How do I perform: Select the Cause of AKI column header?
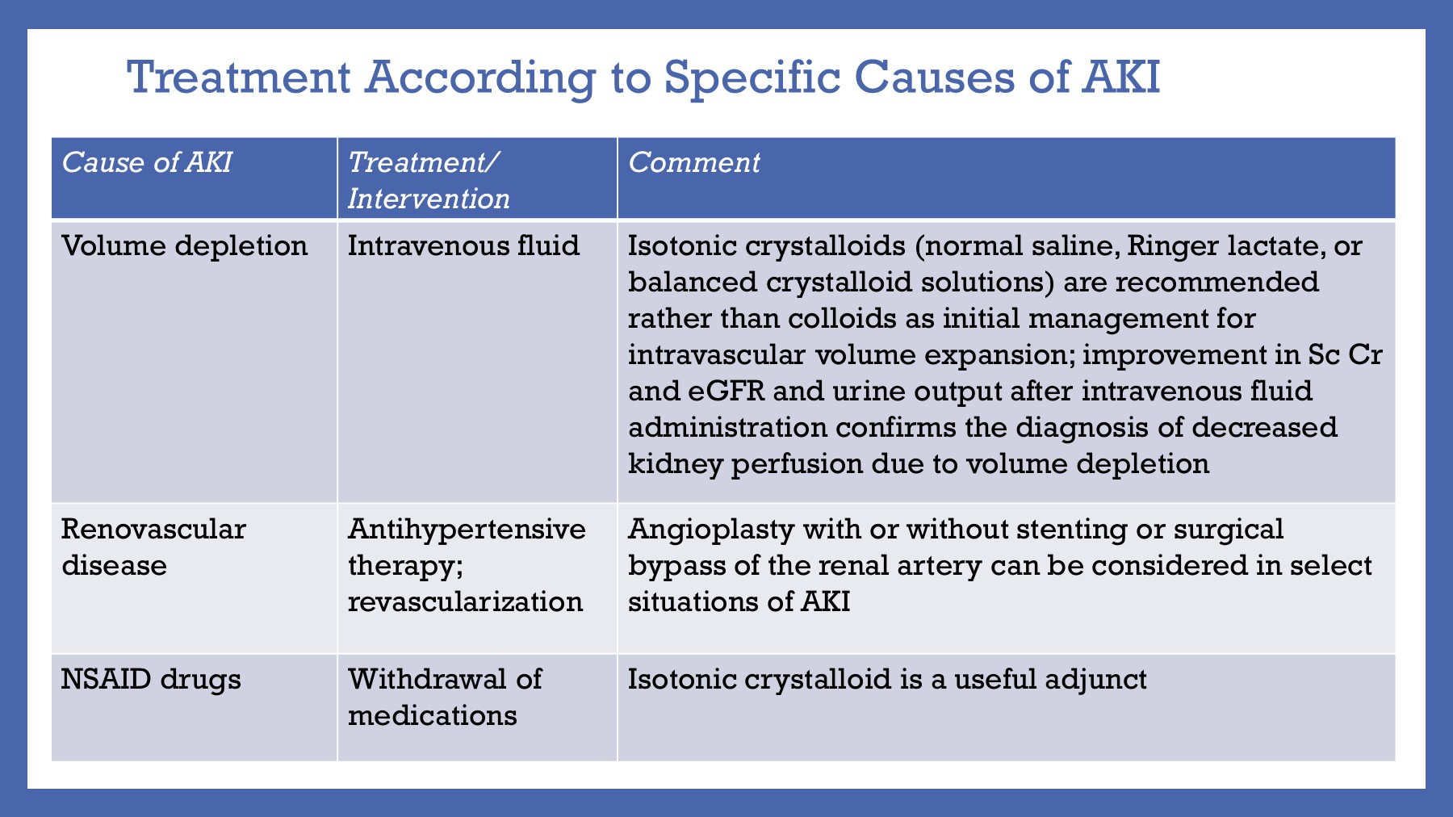click(x=147, y=163)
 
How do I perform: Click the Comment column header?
click(x=693, y=163)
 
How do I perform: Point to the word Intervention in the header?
click(x=429, y=199)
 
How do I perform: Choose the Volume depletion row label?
click(x=185, y=245)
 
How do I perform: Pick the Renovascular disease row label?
click(x=153, y=547)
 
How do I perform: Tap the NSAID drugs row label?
click(x=151, y=679)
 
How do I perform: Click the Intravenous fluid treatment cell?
click(x=463, y=245)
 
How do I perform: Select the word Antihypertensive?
click(x=467, y=529)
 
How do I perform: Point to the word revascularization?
click(x=465, y=601)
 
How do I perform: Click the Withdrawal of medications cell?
click(x=445, y=697)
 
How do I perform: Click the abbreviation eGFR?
click(x=726, y=391)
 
